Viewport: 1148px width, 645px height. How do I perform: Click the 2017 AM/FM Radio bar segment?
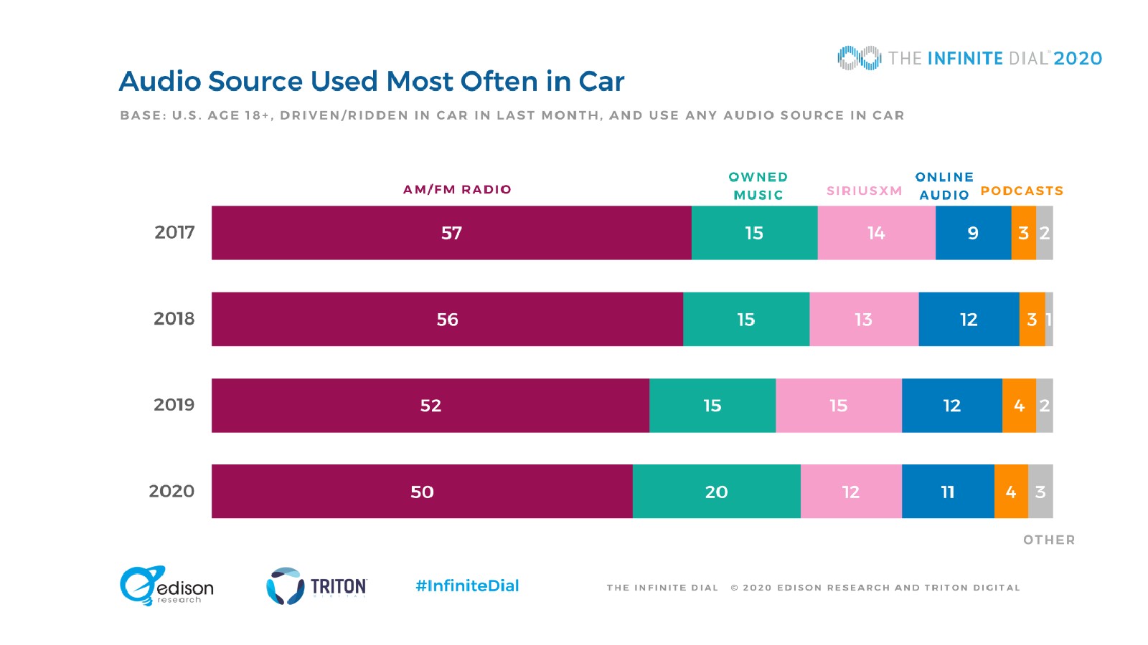coord(451,233)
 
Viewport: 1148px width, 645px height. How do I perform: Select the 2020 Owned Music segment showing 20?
coord(716,492)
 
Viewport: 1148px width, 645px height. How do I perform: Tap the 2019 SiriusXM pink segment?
coord(838,406)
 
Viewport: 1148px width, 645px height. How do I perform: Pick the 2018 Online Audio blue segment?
coord(969,320)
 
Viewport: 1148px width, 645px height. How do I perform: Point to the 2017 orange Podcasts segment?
coord(1023,233)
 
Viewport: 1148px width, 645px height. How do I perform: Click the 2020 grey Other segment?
coord(1040,492)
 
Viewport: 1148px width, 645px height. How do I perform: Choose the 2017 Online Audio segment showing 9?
coord(973,233)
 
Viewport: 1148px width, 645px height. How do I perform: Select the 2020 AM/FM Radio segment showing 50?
coord(422,492)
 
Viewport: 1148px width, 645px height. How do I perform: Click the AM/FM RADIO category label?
coord(457,189)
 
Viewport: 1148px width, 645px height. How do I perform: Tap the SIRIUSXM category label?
coord(864,191)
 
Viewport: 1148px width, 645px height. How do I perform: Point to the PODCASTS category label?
coord(1022,191)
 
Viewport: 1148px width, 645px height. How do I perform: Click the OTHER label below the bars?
coord(1049,540)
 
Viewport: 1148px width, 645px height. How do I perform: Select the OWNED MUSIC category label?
coord(758,186)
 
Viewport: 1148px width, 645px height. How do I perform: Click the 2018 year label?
coord(174,319)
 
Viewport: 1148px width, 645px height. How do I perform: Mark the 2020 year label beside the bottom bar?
coord(171,492)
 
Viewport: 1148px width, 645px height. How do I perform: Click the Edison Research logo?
coord(166,586)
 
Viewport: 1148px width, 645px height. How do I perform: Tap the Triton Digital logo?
coord(316,586)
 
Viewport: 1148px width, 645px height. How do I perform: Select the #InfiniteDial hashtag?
coord(467,586)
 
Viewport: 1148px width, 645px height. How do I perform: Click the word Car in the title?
coord(601,82)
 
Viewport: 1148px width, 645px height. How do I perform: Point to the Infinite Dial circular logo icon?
coord(859,58)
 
